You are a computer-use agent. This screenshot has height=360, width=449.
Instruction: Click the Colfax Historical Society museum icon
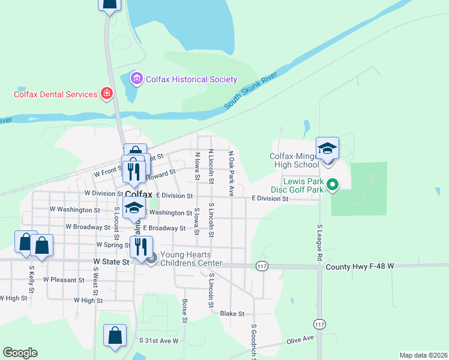pyautogui.click(x=136, y=79)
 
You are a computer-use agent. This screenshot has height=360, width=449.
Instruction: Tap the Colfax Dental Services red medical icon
pyautogui.click(x=107, y=94)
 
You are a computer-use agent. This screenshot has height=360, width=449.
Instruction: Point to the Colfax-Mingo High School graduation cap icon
pyautogui.click(x=328, y=148)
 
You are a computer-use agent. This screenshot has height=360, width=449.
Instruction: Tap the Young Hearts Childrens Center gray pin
pyautogui.click(x=151, y=259)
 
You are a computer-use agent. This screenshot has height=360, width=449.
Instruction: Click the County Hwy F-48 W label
pyautogui.click(x=361, y=265)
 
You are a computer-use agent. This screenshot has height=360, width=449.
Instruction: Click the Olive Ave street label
pyautogui.click(x=301, y=340)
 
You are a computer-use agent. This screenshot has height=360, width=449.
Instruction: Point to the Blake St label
pyautogui.click(x=232, y=313)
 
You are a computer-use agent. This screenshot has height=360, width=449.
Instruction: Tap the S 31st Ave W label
pyautogui.click(x=159, y=340)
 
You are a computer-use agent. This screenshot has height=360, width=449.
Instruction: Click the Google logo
pyautogui.click(x=20, y=353)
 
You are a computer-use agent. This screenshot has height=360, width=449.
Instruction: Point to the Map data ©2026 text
pyautogui.click(x=423, y=355)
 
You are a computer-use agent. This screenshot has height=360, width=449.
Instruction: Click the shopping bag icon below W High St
pyautogui.click(x=115, y=335)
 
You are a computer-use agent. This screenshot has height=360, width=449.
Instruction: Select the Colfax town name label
pyautogui.click(x=139, y=194)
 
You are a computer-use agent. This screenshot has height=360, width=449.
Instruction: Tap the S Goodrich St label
pyautogui.click(x=254, y=341)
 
